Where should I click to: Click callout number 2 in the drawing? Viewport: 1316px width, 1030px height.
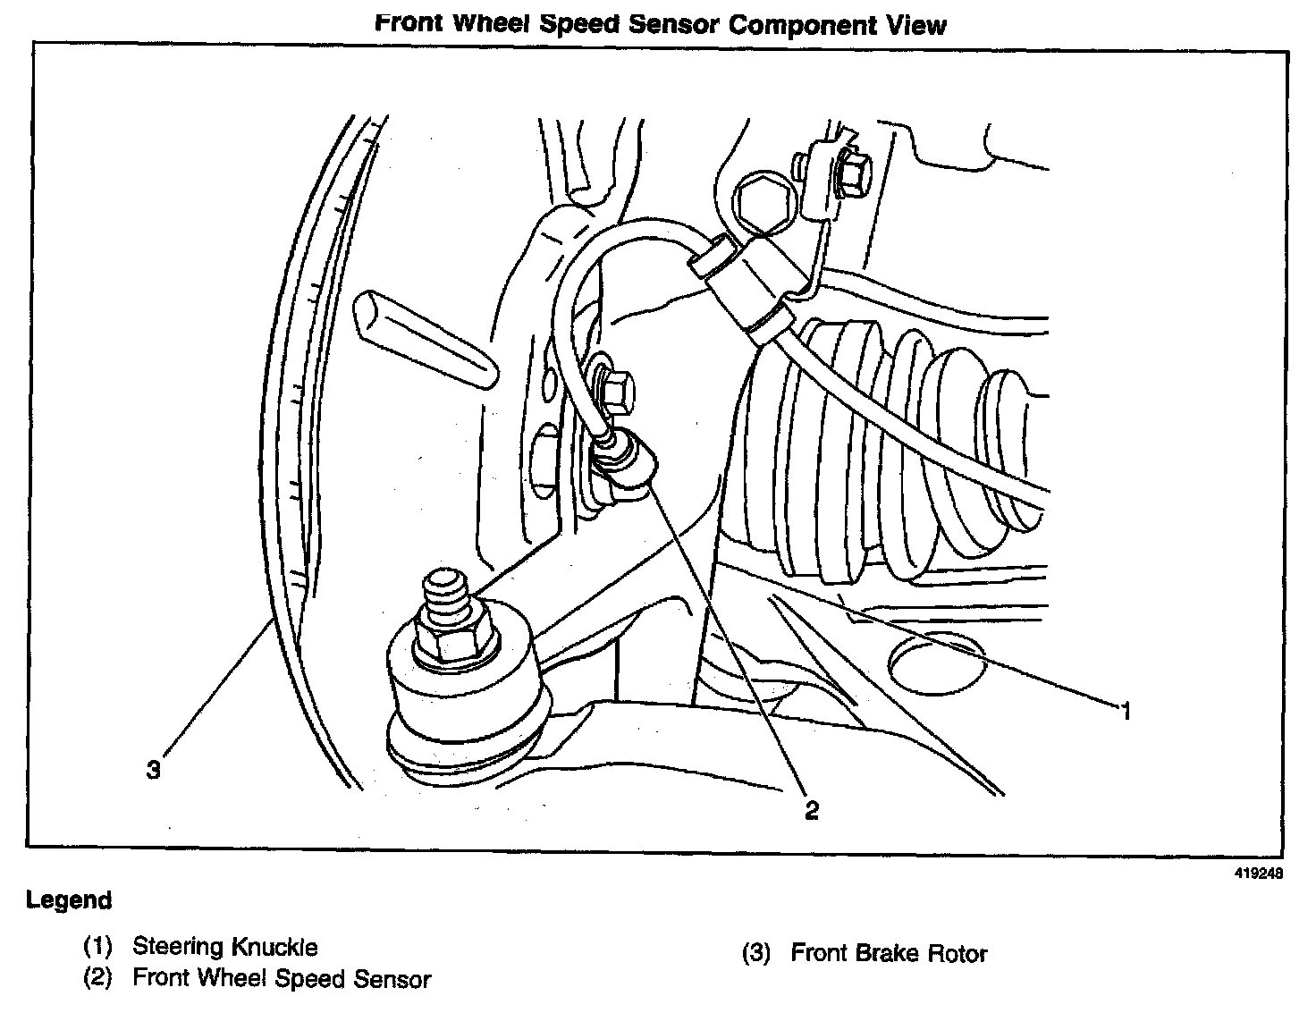(x=811, y=810)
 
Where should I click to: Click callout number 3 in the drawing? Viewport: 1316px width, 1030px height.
(x=154, y=769)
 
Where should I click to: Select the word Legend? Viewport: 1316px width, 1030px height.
(x=69, y=900)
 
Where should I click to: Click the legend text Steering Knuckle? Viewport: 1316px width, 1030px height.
(x=224, y=946)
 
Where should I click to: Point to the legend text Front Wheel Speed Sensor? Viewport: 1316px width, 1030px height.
(x=282, y=979)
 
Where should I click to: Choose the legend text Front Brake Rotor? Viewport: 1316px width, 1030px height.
(x=889, y=953)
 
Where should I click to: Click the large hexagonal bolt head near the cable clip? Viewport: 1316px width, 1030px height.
(x=761, y=203)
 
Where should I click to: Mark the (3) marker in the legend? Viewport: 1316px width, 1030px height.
(x=756, y=953)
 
